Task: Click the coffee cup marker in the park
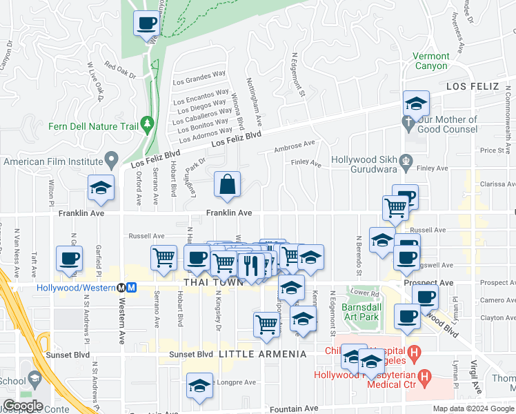146,24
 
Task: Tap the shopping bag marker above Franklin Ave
227,185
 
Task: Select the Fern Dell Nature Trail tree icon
146,124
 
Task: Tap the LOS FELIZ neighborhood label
472,87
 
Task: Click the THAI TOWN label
214,282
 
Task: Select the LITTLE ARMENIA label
262,354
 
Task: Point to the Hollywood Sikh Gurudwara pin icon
407,166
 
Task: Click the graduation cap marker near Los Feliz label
416,104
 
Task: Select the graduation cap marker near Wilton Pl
100,188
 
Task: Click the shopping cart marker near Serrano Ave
163,258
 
